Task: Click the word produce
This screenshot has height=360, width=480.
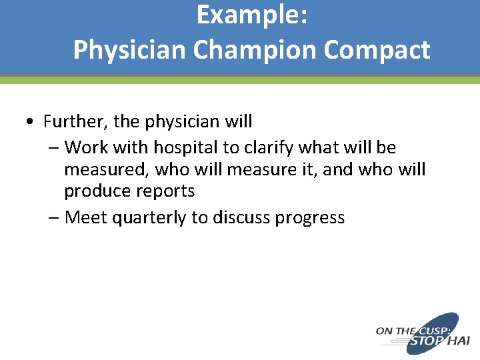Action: [97, 192]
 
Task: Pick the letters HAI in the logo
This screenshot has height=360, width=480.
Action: [459, 341]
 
